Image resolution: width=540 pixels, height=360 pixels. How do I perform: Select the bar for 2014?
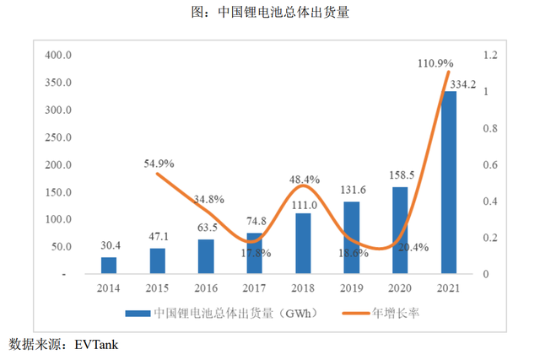click(x=109, y=266)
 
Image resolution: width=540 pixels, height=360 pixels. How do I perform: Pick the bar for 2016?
click(x=206, y=256)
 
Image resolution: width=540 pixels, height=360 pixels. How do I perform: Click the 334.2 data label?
click(x=462, y=83)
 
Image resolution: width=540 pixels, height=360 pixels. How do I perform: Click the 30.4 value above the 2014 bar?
click(x=110, y=245)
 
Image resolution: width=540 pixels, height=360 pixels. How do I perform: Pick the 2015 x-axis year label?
click(x=158, y=287)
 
